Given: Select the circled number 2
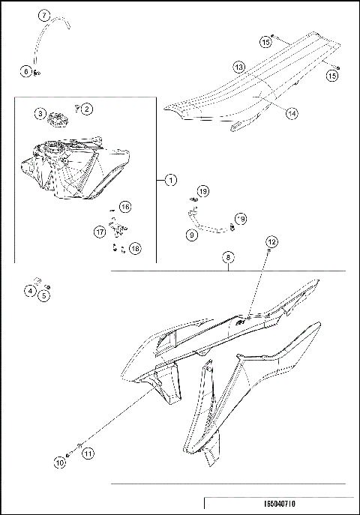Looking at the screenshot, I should click(87, 109).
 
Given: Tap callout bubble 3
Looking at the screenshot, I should click(40, 113).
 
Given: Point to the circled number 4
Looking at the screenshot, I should click(30, 291).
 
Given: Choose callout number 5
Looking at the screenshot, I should click(44, 296).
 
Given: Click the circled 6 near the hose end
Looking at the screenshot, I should click(27, 71).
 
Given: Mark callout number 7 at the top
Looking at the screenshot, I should click(43, 15).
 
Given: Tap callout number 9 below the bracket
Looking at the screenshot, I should click(192, 235).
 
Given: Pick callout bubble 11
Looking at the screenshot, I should click(88, 454).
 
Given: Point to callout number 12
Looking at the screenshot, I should click(271, 241).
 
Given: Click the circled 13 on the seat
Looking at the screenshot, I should click(238, 67).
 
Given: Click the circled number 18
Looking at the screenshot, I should click(135, 247).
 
